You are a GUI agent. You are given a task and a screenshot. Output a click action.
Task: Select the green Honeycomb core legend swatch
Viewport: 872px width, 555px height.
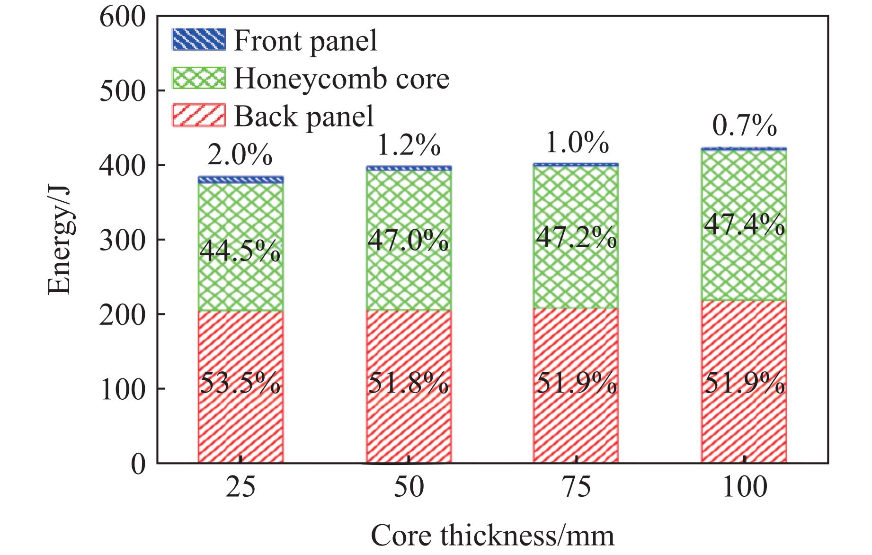tap(198, 78)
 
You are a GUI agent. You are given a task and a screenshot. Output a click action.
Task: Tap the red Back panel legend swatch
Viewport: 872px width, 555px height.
tap(198, 115)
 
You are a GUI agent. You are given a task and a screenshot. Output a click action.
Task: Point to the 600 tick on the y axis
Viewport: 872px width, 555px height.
tap(123, 18)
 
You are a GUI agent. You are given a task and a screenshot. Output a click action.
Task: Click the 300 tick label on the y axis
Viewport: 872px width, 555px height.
tap(123, 241)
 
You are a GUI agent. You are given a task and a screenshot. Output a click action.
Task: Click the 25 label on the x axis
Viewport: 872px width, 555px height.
tap(240, 486)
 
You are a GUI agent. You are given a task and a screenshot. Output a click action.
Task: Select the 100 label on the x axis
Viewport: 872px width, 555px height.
tap(744, 486)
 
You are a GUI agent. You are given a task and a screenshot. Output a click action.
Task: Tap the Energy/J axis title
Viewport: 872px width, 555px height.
tap(60, 240)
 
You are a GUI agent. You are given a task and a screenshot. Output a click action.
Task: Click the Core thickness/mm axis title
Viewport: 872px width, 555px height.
tap(492, 536)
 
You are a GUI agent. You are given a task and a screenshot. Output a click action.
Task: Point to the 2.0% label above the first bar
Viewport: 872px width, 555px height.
tap(240, 155)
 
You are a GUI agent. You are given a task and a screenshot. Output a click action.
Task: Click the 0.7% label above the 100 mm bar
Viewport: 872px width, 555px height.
tap(745, 126)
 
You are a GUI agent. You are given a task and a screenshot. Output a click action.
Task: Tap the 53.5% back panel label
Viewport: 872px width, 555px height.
tap(240, 383)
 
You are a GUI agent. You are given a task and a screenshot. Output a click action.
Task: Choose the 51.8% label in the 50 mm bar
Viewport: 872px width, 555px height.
tap(409, 383)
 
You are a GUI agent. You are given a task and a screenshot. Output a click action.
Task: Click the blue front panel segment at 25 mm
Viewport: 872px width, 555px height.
tap(240, 179)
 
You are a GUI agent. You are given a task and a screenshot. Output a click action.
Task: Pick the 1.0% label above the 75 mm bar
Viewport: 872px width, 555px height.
tap(577, 143)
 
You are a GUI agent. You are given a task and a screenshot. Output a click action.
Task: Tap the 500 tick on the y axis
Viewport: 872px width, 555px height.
tap(123, 91)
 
